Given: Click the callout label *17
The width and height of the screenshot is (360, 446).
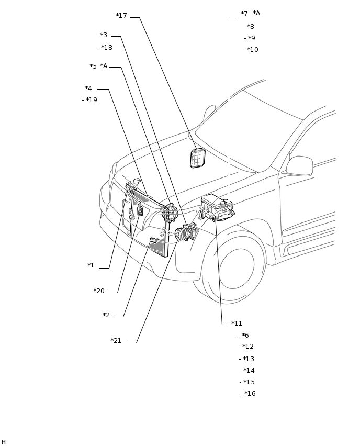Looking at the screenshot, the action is [x=121, y=16].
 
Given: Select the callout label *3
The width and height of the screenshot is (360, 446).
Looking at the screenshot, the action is [x=104, y=35].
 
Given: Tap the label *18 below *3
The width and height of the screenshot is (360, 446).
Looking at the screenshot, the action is [x=107, y=48].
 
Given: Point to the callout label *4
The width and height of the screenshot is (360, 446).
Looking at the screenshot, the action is [x=88, y=88].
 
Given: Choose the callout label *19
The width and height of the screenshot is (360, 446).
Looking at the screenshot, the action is [x=92, y=100].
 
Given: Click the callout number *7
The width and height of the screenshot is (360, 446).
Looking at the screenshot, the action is [x=244, y=14].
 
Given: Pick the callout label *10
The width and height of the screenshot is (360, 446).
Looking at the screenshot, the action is [x=253, y=50].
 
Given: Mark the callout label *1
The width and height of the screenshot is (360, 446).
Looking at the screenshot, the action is [x=91, y=265].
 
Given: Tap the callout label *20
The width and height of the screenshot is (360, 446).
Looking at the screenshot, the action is [x=99, y=291].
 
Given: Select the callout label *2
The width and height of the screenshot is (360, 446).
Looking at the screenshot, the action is [x=106, y=315].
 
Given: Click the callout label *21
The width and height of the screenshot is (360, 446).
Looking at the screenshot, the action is [x=116, y=341].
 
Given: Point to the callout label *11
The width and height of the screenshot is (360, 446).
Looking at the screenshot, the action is [x=237, y=324].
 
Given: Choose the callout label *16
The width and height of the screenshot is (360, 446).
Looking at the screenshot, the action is [x=250, y=394].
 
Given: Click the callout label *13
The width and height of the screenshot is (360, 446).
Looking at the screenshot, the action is [x=249, y=359].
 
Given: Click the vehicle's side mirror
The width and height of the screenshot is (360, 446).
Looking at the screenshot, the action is [x=299, y=166].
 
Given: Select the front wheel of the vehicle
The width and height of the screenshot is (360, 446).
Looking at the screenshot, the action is [x=234, y=264].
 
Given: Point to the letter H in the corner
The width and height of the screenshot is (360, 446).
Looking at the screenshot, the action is [x=4, y=442].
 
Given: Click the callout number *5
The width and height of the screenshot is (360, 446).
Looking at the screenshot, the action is [x=93, y=66].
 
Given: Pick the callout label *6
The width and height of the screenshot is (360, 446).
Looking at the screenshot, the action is [x=245, y=336].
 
